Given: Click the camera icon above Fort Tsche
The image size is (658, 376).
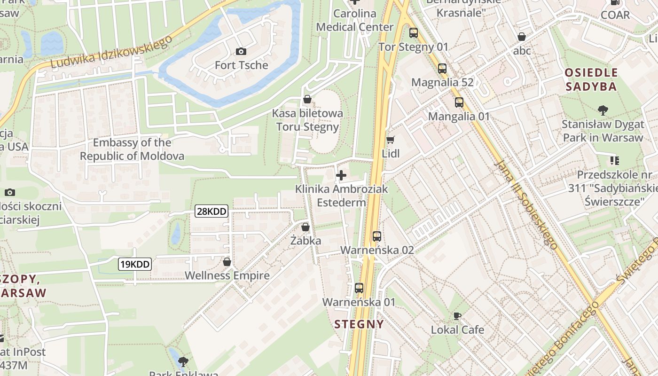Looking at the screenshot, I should coord(241,51).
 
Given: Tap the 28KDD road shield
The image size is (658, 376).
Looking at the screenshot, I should coord(211,211).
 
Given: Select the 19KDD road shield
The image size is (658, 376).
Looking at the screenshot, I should coord(134,264).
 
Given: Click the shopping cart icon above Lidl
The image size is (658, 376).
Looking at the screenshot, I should coord(390,140).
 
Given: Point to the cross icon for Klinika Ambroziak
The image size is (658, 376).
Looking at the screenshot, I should coord(341,176).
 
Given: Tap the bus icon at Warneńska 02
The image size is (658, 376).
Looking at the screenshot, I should coord(376,236).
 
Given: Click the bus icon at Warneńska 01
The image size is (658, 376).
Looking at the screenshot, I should coord(359,288).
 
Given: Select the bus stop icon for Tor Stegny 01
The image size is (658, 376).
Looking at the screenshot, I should coord(414,33).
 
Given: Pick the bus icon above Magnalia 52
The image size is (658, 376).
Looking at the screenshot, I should coord(442,69).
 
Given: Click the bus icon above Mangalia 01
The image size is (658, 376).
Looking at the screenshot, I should coord(459,102).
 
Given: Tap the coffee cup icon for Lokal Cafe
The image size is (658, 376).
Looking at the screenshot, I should coord(457,316).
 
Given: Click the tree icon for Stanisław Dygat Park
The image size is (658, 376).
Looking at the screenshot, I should coord(603,111).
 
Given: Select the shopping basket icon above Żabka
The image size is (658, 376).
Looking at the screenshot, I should coord(305,227).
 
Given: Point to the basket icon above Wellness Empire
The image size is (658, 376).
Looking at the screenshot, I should coord(227,262).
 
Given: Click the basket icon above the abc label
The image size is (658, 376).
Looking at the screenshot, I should coord(522,37).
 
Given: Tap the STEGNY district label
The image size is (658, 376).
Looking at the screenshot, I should coord(359,324).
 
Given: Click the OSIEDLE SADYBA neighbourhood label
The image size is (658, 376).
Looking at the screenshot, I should coord(591,79).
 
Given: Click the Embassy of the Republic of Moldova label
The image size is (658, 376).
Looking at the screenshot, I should coord(132,149).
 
